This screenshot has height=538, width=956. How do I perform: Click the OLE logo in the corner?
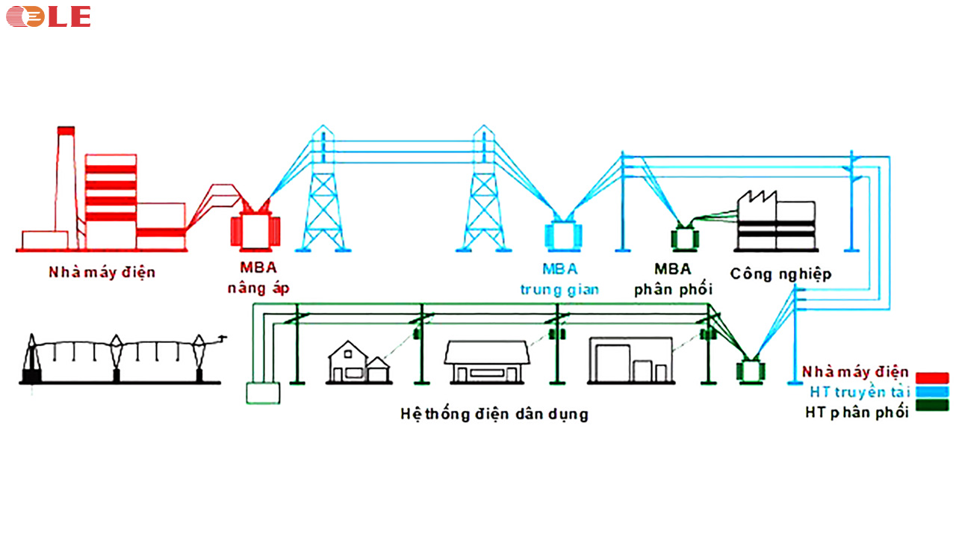pos(49,16)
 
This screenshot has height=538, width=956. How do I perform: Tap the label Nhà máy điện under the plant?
pos(102,272)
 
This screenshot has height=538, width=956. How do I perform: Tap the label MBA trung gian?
pos(559,279)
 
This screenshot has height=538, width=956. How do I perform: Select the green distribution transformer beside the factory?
pos(681,238)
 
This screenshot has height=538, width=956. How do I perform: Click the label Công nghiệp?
pos(780,273)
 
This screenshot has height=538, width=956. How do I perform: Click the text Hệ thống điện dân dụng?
pos(494,413)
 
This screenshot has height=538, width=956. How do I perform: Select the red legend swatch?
pos(932,377)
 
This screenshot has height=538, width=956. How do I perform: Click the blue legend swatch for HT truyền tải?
pos(932,392)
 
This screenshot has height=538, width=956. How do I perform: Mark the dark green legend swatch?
pos(932,406)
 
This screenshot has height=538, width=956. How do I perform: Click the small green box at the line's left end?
pos(262,392)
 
